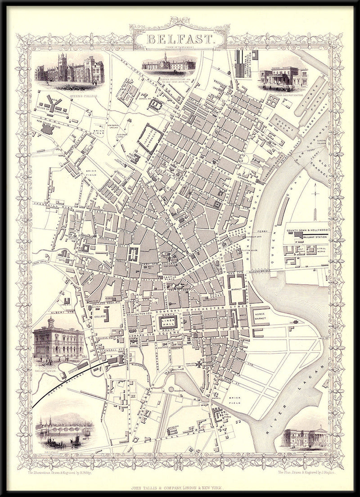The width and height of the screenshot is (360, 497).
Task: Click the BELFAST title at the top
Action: tap(179, 39)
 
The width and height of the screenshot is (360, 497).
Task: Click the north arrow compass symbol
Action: tap(316, 198)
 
